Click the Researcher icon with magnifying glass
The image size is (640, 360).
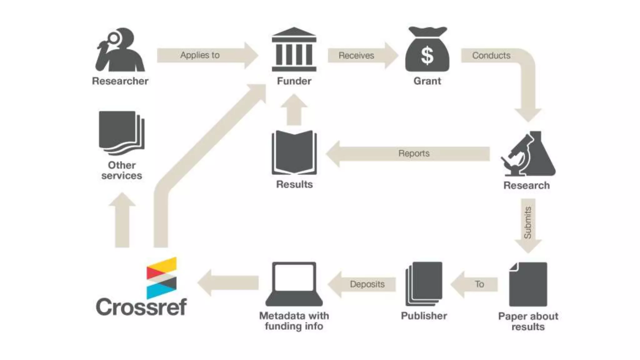coord(120,50)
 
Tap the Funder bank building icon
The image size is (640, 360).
coord(294,50)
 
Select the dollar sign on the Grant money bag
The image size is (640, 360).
coord(427,56)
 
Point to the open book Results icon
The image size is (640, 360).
coord(294,152)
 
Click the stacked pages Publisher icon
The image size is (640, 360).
coord(424,284)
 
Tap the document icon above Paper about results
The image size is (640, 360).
coord(528,284)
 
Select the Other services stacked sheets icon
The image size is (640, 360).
coord(122,133)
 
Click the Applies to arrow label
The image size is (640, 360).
coord(200,55)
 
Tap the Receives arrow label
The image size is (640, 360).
coord(356,56)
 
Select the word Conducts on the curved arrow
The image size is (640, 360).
coord(491,56)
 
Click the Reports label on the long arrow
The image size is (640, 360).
coord(414,153)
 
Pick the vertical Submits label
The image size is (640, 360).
coord(527,222)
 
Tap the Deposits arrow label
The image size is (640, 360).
coord(367,284)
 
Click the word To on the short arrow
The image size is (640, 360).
coord(479,284)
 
